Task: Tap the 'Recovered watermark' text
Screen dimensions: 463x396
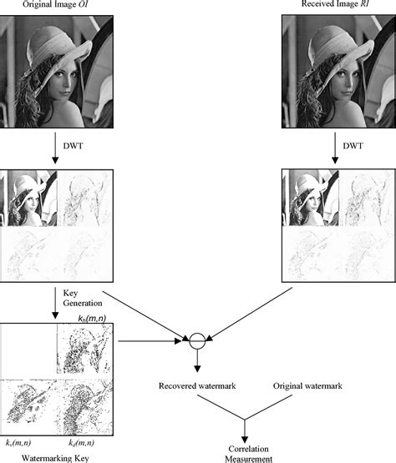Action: click(x=196, y=386)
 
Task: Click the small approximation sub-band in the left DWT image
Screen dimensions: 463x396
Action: click(x=29, y=198)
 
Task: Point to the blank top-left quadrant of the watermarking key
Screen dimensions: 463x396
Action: click(x=27, y=350)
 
